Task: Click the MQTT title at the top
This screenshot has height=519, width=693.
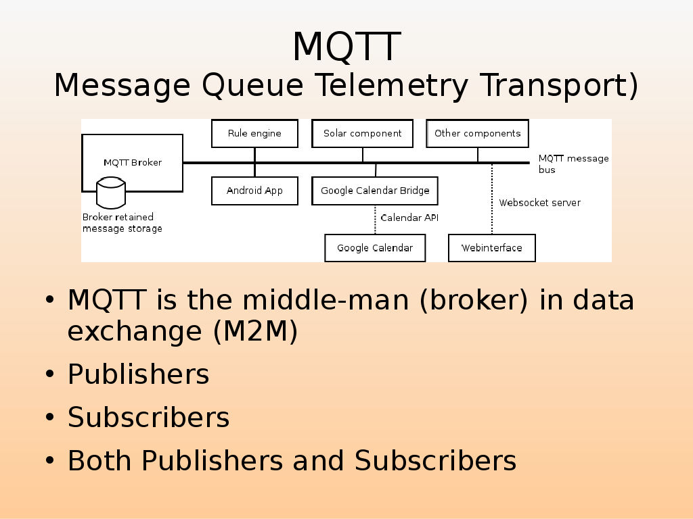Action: tap(346, 47)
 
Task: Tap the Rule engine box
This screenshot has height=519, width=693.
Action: tap(254, 133)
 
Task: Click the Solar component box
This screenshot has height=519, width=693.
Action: tap(362, 133)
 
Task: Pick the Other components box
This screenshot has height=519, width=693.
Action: tap(477, 133)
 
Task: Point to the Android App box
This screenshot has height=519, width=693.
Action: tap(254, 191)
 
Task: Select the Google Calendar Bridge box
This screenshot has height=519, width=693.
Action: tap(375, 191)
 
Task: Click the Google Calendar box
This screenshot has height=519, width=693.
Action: tap(375, 248)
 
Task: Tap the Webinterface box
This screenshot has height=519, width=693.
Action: tap(492, 248)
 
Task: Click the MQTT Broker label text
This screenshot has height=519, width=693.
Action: tap(133, 162)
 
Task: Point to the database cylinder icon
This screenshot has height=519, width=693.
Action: tap(111, 192)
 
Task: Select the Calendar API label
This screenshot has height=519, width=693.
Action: tap(409, 218)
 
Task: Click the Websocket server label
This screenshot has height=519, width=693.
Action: tap(539, 203)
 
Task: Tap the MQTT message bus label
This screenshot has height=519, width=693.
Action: tap(573, 164)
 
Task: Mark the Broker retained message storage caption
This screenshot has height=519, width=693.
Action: tap(122, 223)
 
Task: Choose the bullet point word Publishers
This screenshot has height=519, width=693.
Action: tap(138, 374)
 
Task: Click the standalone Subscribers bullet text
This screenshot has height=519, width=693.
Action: tap(148, 418)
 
